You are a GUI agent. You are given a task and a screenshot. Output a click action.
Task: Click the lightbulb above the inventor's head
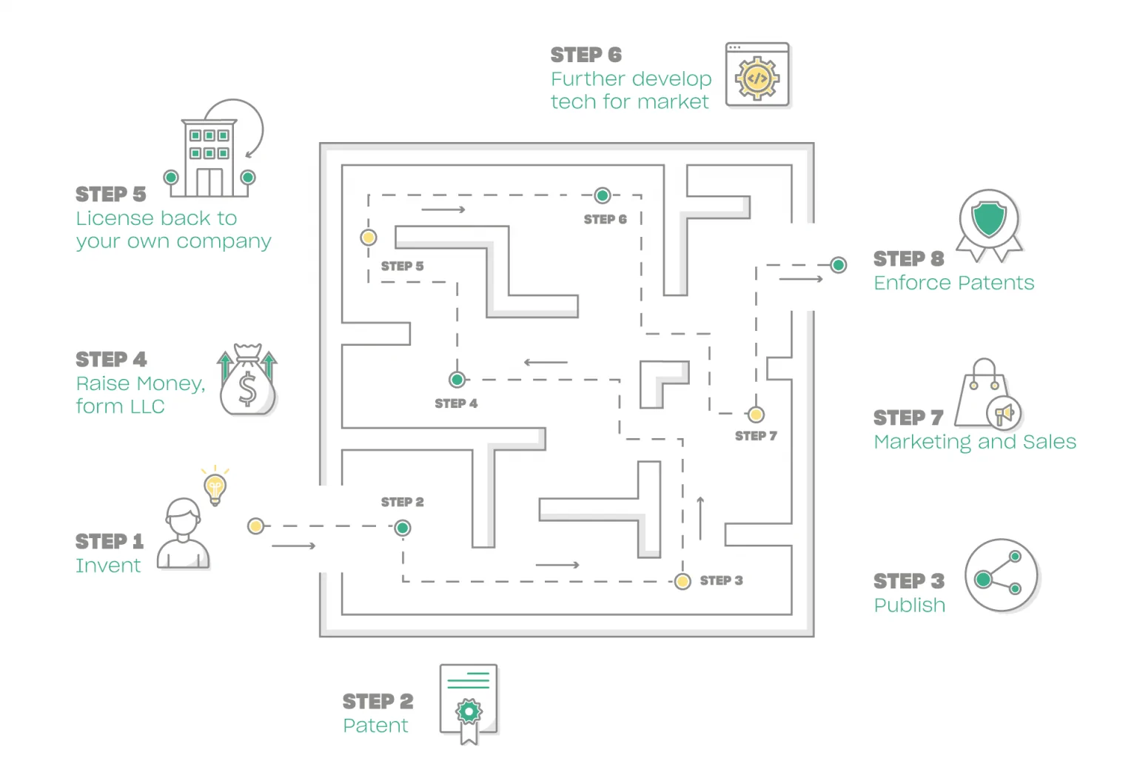coord(215,488)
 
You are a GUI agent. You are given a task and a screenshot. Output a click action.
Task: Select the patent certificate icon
coord(469,703)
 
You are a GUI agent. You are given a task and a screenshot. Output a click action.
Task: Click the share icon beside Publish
coord(1002,575)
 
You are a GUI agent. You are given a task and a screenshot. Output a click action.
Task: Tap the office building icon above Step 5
coord(209,157)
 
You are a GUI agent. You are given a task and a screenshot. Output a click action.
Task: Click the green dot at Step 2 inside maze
coord(403,528)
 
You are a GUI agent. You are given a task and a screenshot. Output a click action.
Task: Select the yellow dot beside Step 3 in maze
coord(682,581)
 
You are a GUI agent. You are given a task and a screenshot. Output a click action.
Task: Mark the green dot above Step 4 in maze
coord(457,380)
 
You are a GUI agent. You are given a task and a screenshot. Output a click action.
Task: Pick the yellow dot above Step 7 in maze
coord(756,415)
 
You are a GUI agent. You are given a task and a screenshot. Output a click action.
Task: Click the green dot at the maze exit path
coord(838,265)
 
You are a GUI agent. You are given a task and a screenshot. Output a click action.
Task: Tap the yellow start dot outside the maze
coord(255,526)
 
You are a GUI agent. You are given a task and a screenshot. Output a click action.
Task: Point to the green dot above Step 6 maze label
coord(603,195)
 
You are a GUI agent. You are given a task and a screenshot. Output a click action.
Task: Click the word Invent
coord(108,566)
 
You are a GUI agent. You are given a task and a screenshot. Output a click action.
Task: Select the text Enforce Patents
coord(953,283)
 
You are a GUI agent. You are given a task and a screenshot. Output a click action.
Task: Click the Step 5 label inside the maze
coord(402,266)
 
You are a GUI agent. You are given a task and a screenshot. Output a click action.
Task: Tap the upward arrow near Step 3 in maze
coord(700,518)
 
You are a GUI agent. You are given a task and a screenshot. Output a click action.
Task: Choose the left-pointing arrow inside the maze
coord(546,363)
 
